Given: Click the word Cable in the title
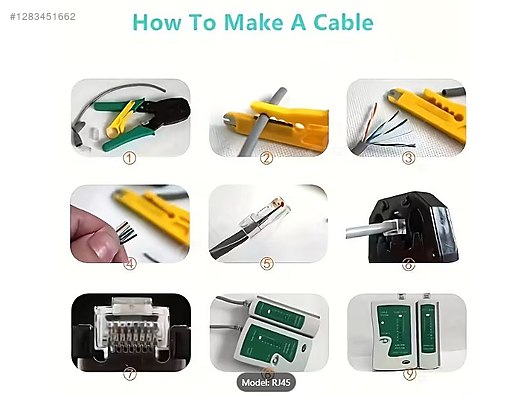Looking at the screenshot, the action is pyautogui.click(x=343, y=22).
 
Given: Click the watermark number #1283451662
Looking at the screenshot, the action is pyautogui.click(x=43, y=16).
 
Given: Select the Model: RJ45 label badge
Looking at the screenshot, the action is pyautogui.click(x=266, y=383).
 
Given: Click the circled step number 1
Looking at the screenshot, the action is pyautogui.click(x=129, y=158).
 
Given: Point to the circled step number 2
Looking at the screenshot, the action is pyautogui.click(x=266, y=158).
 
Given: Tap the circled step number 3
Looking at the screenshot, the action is pyautogui.click(x=409, y=158).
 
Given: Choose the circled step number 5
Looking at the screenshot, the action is pyautogui.click(x=267, y=264).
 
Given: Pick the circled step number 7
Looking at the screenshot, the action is pyautogui.click(x=130, y=374).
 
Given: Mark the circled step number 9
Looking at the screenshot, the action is pyautogui.click(x=409, y=374).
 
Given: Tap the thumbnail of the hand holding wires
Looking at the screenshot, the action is pyautogui.click(x=130, y=224).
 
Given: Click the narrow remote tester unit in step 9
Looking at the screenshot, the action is pyautogui.click(x=428, y=332).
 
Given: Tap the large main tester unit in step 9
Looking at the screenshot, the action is pyautogui.click(x=393, y=333).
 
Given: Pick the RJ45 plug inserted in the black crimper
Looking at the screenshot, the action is pyautogui.click(x=392, y=226).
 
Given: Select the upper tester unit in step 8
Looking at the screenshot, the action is pyautogui.click(x=282, y=313).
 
